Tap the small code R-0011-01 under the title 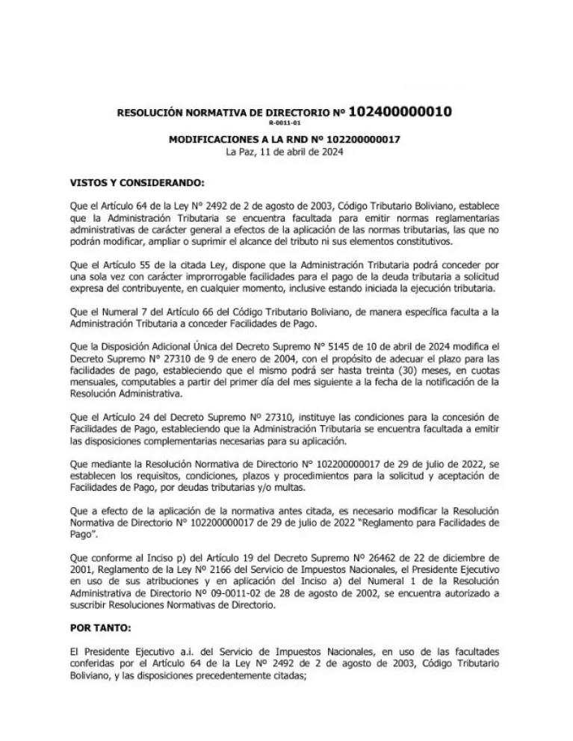pyautogui.click(x=285, y=123)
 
